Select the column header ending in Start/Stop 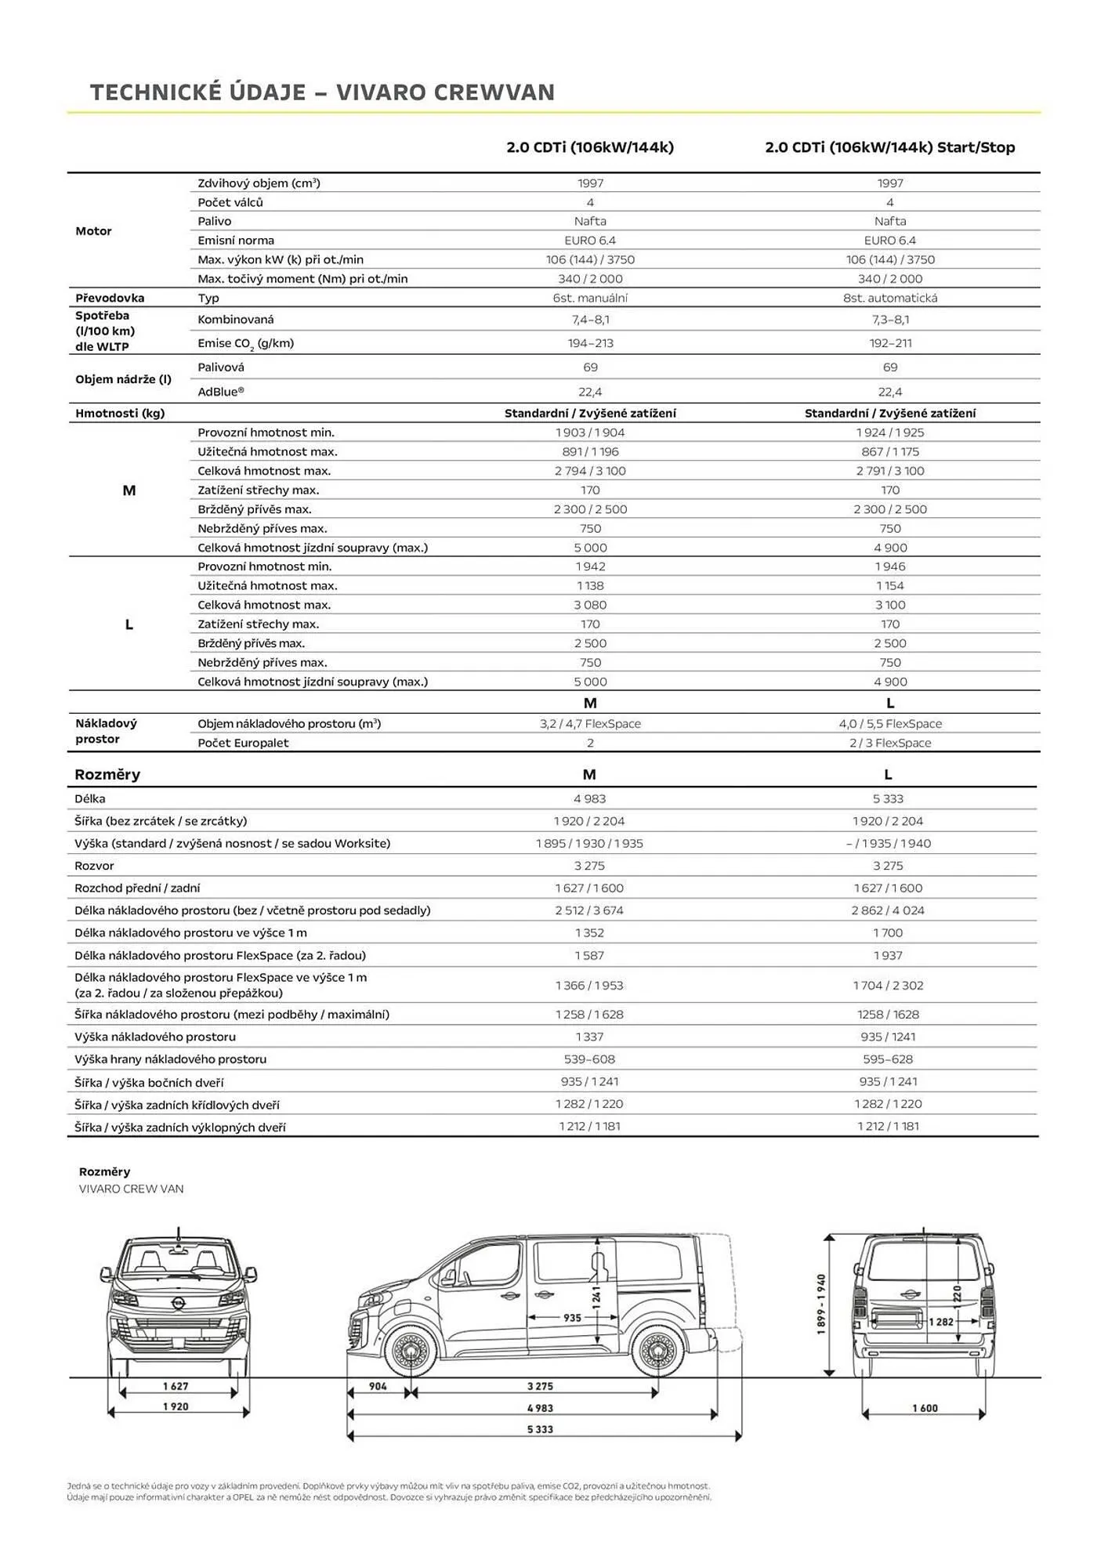pyautogui.click(x=889, y=147)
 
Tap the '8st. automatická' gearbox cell pyautogui.click(x=889, y=298)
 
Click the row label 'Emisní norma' pyautogui.click(x=236, y=241)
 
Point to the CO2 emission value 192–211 pyautogui.click(x=889, y=343)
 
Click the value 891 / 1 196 pyautogui.click(x=590, y=451)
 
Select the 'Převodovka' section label pyautogui.click(x=110, y=298)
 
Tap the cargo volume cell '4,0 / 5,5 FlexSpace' pyautogui.click(x=889, y=724)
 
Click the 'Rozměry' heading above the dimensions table pyautogui.click(x=107, y=775)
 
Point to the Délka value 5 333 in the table pyautogui.click(x=888, y=799)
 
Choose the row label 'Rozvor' pyautogui.click(x=94, y=866)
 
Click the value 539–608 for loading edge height pyautogui.click(x=589, y=1059)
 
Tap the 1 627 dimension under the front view pyautogui.click(x=176, y=1386)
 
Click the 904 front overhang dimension pyautogui.click(x=378, y=1386)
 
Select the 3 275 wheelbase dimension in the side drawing pyautogui.click(x=540, y=1386)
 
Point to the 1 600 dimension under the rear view pyautogui.click(x=925, y=1408)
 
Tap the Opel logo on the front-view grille pyautogui.click(x=179, y=1301)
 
